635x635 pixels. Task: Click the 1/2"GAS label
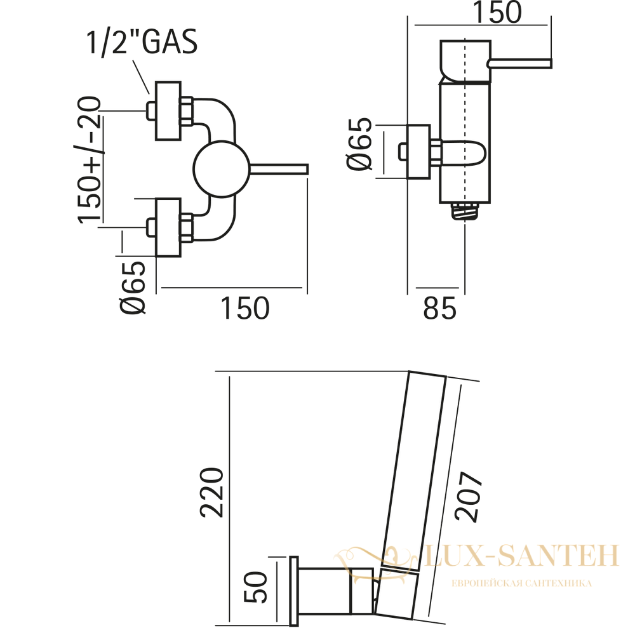pyautogui.click(x=142, y=41)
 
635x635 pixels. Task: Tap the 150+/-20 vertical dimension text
pyautogui.click(x=89, y=159)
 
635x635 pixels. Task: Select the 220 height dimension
pyautogui.click(x=211, y=493)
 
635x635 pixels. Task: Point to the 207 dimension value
pyautogui.click(x=469, y=497)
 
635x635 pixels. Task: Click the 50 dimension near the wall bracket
pyautogui.click(x=256, y=587)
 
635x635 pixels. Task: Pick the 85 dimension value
pyautogui.click(x=440, y=309)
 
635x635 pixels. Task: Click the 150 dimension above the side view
pyautogui.click(x=497, y=12)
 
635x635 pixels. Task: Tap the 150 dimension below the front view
pyautogui.click(x=244, y=309)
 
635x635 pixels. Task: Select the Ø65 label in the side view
pyautogui.click(x=359, y=144)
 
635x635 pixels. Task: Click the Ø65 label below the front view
pyautogui.click(x=133, y=287)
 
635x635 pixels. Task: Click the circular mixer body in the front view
pyautogui.click(x=221, y=169)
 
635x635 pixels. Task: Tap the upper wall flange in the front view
pyautogui.click(x=168, y=111)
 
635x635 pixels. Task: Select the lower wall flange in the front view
pyautogui.click(x=168, y=227)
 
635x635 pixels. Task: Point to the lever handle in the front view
pyautogui.click(x=279, y=169)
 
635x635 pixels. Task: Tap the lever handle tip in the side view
pyautogui.click(x=549, y=63)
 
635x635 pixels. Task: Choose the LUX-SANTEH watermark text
pyautogui.click(x=521, y=555)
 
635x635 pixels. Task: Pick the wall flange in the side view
pyautogui.click(x=418, y=152)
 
